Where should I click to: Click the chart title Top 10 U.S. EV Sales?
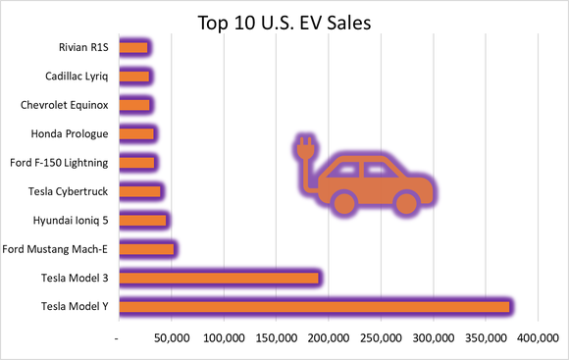click(284, 22)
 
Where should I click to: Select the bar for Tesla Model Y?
click(314, 307)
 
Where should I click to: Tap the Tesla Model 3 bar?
click(219, 278)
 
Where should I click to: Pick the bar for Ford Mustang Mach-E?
click(146, 249)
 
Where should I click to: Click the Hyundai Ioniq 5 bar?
click(142, 220)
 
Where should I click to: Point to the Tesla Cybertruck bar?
click(139, 191)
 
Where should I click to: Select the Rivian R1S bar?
click(132, 47)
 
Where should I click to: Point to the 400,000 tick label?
click(537, 338)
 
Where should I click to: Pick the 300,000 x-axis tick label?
click(433, 338)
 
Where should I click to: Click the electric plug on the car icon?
click(304, 152)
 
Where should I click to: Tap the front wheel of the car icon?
click(405, 203)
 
